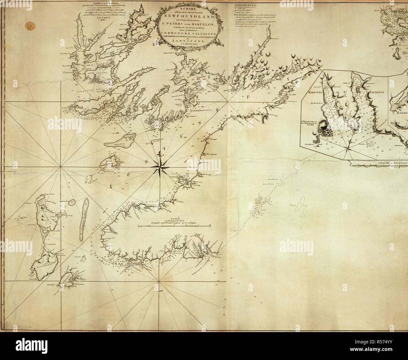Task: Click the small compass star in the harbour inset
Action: tap(347, 147)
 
